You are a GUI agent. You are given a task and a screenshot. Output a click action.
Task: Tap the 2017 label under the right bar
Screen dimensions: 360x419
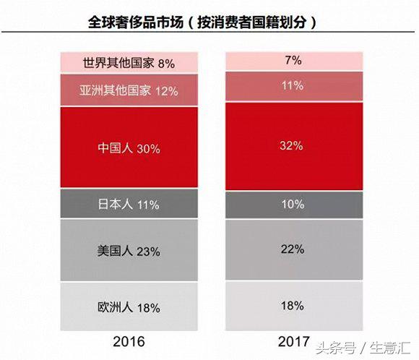click(x=293, y=340)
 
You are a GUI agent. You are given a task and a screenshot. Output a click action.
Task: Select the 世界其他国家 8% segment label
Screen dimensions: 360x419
click(x=129, y=64)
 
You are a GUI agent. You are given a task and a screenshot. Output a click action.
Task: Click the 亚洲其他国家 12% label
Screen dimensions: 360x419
click(x=129, y=91)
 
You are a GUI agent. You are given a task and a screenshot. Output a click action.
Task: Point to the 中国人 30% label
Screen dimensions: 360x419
click(x=129, y=149)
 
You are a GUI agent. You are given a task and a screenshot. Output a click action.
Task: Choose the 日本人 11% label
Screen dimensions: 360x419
click(x=129, y=205)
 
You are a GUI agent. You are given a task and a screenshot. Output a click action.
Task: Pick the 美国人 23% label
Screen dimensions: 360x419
click(x=129, y=252)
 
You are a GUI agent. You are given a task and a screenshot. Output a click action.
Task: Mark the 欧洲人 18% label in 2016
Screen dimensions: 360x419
click(x=129, y=307)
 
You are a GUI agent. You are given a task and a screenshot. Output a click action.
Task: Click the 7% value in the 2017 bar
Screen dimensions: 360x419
click(x=293, y=61)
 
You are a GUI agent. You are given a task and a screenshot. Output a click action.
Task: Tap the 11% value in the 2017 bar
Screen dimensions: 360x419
click(x=293, y=85)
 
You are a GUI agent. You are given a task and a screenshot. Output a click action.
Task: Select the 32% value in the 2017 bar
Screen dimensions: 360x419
click(x=293, y=145)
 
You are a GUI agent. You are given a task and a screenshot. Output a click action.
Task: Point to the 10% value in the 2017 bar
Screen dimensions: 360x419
click(x=293, y=205)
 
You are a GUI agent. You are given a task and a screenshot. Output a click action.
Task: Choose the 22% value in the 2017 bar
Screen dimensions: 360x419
click(x=293, y=249)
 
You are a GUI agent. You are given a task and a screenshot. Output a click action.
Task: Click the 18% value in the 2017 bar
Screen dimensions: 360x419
click(x=293, y=305)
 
